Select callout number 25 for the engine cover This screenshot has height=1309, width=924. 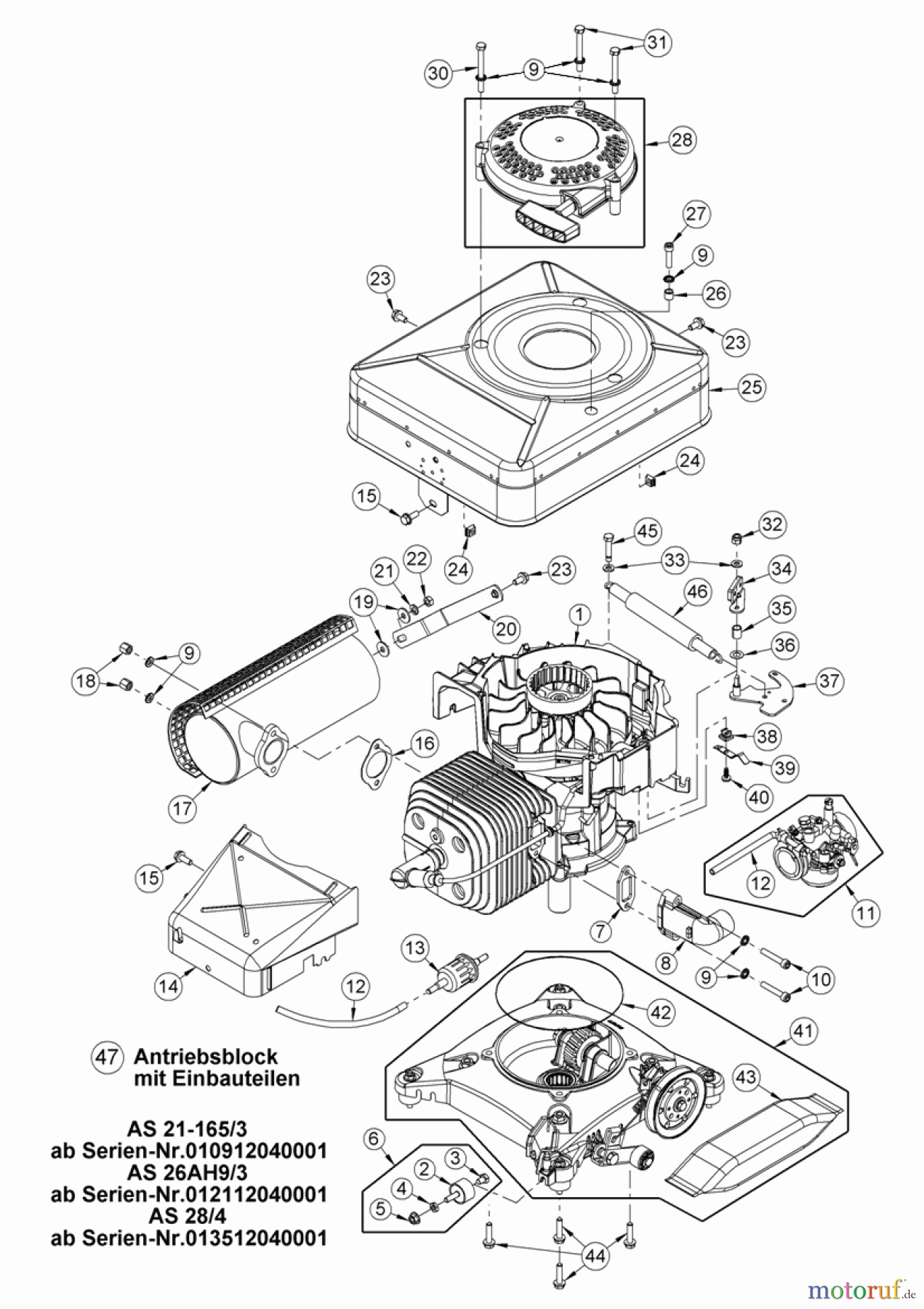(751, 387)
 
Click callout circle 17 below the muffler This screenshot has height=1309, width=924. (182, 808)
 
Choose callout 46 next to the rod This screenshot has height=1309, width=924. (696, 592)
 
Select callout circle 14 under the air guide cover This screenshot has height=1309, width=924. (169, 986)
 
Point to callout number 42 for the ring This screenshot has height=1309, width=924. (660, 1012)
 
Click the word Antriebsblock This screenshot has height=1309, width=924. (206, 1056)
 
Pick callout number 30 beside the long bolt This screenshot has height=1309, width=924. (438, 73)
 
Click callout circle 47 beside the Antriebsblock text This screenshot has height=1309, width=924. (107, 1057)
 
